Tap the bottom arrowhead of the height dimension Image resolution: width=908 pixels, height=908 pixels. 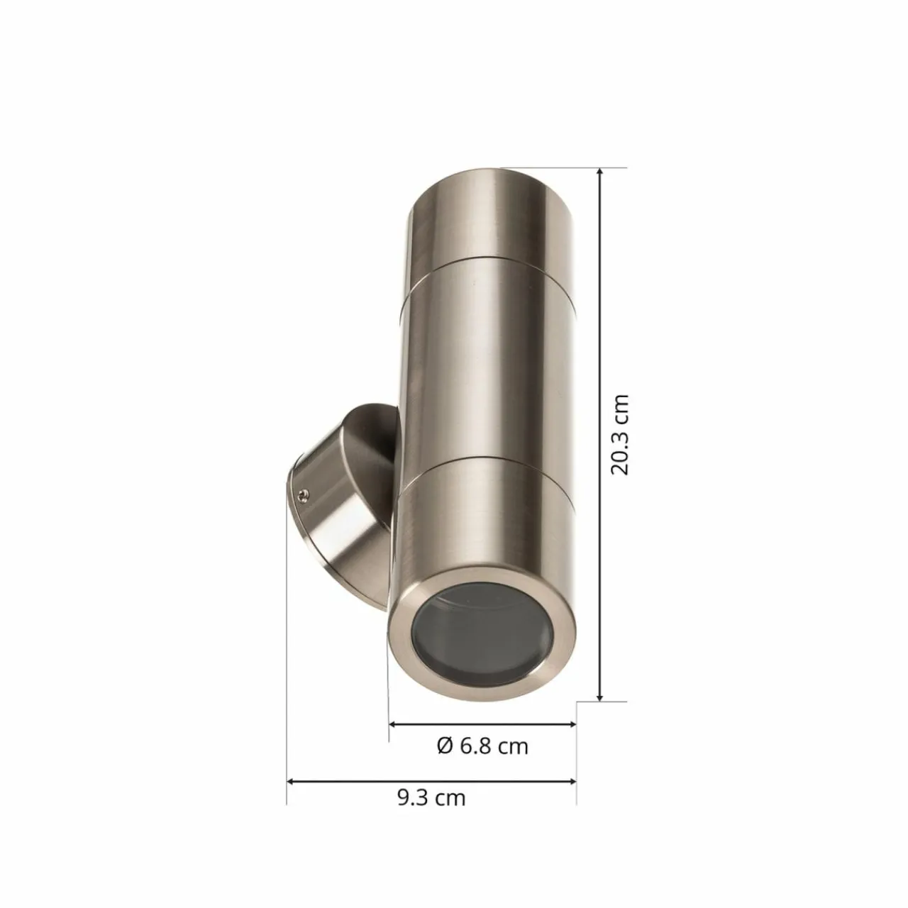tap(600, 709)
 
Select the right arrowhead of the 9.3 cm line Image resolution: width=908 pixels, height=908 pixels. tap(571, 781)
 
